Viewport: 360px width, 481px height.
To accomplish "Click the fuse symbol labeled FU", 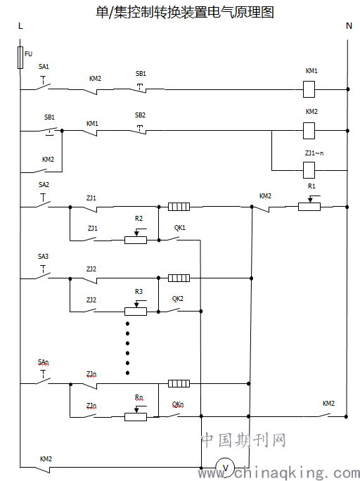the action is point(20,58).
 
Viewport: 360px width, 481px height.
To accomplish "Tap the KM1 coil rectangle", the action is point(309,89).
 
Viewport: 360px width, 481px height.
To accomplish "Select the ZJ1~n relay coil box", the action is point(309,170).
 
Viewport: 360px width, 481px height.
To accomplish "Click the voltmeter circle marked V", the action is point(225,468).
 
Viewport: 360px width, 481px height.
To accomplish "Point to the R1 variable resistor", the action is point(309,207).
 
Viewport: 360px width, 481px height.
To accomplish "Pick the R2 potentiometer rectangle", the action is point(136,240).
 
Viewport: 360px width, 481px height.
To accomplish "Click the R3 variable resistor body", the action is point(136,312).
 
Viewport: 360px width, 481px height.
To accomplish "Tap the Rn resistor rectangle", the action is point(136,417).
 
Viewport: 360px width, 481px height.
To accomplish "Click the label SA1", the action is point(44,67).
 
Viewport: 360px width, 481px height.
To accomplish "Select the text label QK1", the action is point(180,228).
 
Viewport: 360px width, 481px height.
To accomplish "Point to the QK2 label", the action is point(178,299).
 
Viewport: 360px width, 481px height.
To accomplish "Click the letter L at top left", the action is point(20,26).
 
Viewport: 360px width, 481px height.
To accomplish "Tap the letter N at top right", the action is point(349,26).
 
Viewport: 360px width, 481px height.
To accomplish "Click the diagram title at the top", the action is point(185,13).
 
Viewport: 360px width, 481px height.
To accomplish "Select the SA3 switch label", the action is point(43,257).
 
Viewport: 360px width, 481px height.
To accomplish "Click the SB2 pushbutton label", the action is point(140,115).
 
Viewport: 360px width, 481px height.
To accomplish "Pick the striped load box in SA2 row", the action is point(179,207).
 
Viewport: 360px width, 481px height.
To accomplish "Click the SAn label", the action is point(43,363).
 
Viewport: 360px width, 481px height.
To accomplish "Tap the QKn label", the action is point(178,404).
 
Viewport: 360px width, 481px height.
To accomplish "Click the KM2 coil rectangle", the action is point(309,131).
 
